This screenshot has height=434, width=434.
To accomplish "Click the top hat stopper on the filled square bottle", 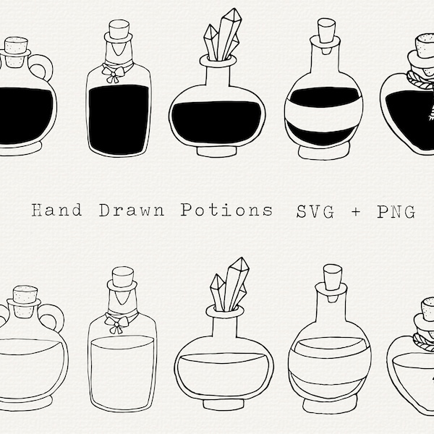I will tap(118, 33).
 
